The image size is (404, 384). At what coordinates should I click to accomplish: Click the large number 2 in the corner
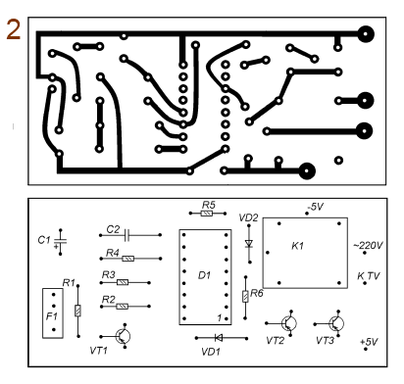(13, 29)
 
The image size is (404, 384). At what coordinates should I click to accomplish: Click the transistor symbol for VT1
(124, 336)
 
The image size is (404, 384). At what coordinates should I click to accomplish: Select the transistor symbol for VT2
(289, 323)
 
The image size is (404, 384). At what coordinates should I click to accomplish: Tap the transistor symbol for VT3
(336, 323)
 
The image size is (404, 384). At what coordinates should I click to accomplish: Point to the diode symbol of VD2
(249, 244)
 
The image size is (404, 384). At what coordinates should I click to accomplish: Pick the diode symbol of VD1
(219, 338)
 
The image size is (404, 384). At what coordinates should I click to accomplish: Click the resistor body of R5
(207, 214)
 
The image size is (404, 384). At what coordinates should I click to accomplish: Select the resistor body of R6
(245, 297)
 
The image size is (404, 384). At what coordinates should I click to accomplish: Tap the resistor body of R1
(77, 311)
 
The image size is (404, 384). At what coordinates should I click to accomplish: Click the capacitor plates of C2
(127, 235)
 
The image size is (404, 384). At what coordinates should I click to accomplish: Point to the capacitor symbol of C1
(60, 242)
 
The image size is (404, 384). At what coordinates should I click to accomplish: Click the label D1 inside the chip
(204, 275)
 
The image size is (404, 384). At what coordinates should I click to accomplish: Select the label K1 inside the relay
(297, 246)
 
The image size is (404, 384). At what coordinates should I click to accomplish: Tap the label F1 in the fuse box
(51, 316)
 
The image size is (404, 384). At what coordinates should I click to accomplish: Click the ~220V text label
(368, 245)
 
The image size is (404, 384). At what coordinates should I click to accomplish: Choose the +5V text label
(369, 342)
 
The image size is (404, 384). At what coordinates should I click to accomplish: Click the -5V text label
(315, 207)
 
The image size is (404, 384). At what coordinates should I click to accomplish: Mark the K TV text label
(369, 276)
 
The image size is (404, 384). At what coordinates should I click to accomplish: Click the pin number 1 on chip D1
(220, 317)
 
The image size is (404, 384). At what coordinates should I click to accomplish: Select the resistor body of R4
(127, 259)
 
